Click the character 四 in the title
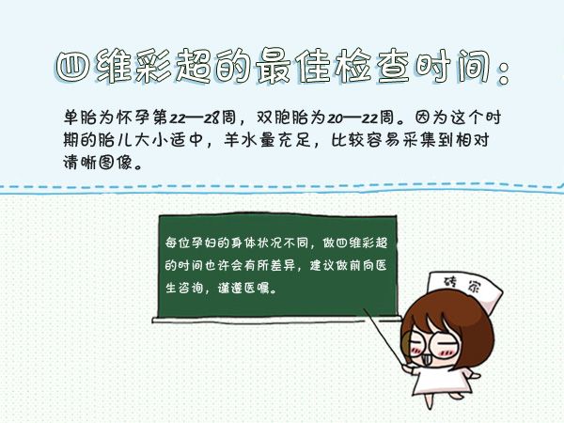tap(73, 67)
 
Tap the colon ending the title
tap(504, 69)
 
